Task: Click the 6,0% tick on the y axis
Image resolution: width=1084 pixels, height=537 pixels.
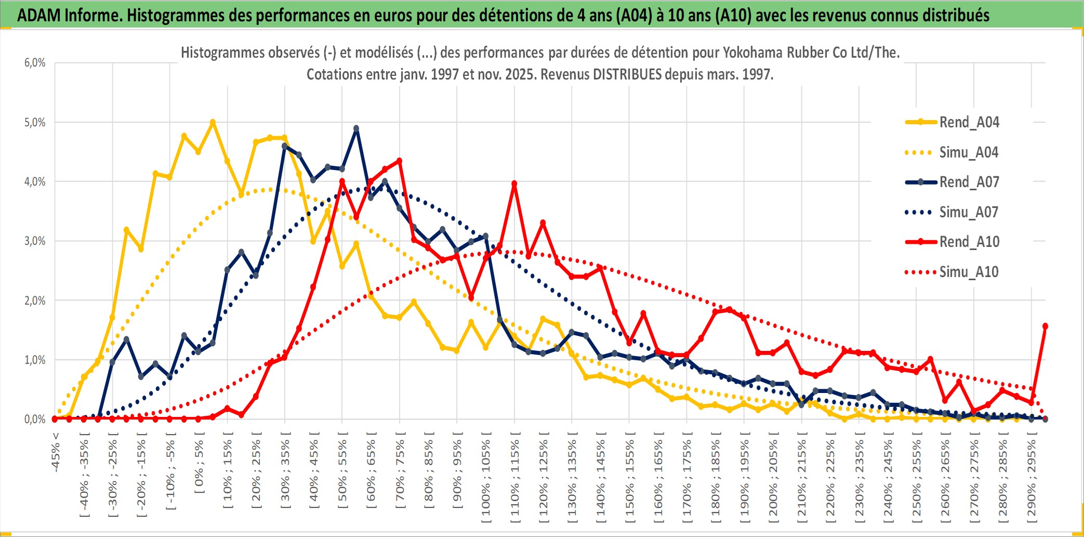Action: click(x=35, y=63)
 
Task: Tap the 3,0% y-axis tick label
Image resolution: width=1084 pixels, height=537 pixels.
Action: click(x=35, y=241)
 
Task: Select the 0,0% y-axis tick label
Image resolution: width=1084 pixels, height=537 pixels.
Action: click(x=35, y=419)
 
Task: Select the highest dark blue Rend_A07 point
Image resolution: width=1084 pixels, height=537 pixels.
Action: click(x=356, y=128)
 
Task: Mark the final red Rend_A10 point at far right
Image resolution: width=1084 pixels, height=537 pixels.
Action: click(x=1045, y=326)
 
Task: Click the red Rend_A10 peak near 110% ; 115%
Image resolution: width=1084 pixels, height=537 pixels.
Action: click(x=514, y=184)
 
